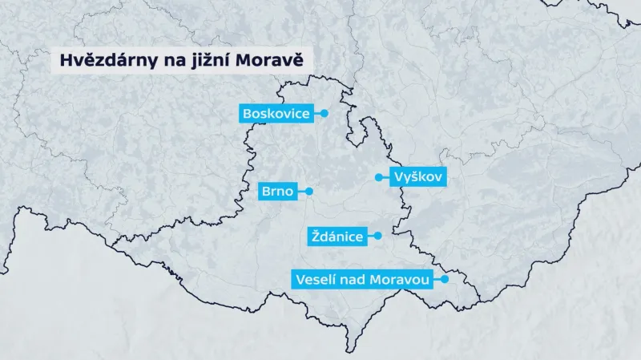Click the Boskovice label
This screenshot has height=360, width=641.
pyautogui.click(x=276, y=114)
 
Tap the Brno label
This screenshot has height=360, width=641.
pyautogui.click(x=277, y=192)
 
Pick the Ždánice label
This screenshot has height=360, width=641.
pyautogui.click(x=336, y=237)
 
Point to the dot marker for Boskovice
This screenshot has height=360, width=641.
pyautogui.click(x=325, y=114)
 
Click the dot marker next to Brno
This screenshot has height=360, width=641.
pyautogui.click(x=308, y=192)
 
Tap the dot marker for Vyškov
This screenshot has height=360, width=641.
pyautogui.click(x=378, y=177)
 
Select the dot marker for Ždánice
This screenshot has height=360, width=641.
pyautogui.click(x=378, y=236)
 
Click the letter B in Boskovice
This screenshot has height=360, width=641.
pyautogui.click(x=248, y=114)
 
